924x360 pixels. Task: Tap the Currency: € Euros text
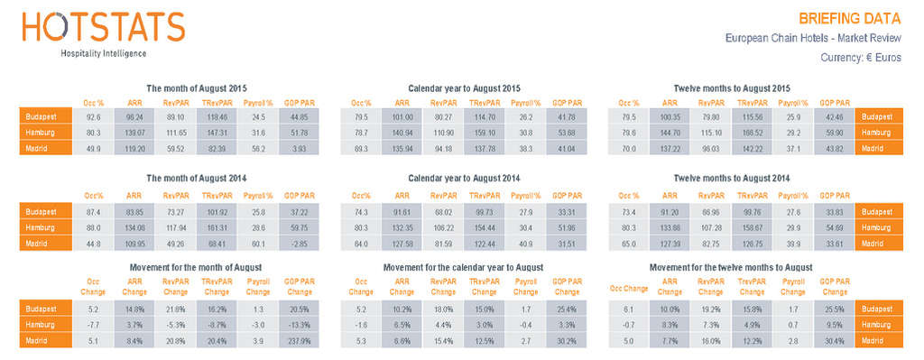click(x=861, y=57)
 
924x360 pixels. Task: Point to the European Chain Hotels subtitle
click(x=813, y=38)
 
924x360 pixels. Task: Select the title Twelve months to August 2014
click(x=732, y=179)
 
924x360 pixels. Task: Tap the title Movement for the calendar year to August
click(x=463, y=268)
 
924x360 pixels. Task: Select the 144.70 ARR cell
click(x=672, y=132)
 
